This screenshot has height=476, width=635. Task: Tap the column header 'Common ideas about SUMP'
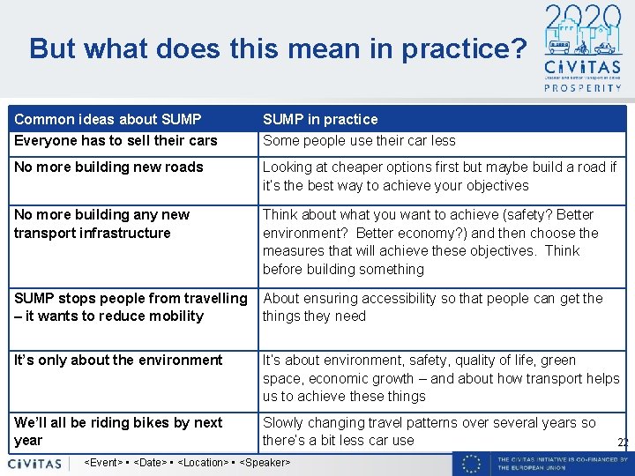[108, 119]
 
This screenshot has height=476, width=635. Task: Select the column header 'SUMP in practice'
[320, 119]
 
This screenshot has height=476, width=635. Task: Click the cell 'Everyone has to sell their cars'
[116, 140]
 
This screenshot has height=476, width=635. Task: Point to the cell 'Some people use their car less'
[359, 140]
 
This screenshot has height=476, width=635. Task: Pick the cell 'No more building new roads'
[108, 167]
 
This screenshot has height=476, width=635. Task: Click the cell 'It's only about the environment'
[118, 360]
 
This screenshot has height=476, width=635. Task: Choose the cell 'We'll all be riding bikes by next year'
[118, 431]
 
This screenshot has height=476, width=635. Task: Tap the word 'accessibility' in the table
[388, 298]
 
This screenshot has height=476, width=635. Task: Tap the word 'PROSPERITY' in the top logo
[581, 87]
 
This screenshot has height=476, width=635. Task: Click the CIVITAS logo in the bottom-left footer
[35, 463]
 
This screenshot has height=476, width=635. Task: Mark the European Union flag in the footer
[474, 463]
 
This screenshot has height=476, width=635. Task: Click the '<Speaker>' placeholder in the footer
[265, 463]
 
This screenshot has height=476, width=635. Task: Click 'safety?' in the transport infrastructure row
[519, 214]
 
